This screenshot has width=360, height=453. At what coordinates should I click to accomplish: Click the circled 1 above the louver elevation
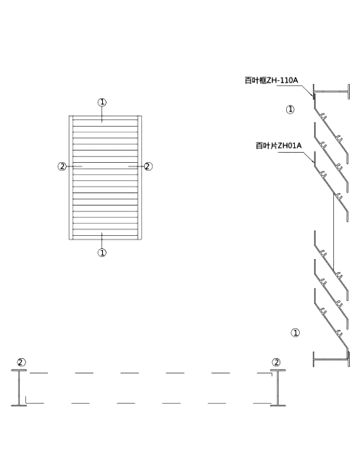(x=102, y=102)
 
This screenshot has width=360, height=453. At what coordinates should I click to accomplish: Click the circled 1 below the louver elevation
(x=102, y=253)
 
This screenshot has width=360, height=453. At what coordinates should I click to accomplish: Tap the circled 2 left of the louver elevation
(x=62, y=166)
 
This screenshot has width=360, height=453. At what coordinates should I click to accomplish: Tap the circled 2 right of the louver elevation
(x=148, y=166)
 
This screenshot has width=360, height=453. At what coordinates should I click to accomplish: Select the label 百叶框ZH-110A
(x=271, y=80)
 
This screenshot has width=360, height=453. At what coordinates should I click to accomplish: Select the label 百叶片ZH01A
(x=279, y=145)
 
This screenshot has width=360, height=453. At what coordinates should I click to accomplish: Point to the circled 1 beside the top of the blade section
(x=290, y=109)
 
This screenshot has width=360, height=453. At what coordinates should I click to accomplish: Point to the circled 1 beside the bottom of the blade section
(x=296, y=333)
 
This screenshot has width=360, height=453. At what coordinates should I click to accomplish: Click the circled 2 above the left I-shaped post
(x=22, y=363)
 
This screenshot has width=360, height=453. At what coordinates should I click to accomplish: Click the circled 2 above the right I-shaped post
(x=277, y=363)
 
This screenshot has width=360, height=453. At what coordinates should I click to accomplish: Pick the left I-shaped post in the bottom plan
(x=19, y=388)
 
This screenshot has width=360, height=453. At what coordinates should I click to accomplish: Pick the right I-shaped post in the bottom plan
(x=278, y=388)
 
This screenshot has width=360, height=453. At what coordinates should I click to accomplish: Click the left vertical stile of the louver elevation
(x=71, y=178)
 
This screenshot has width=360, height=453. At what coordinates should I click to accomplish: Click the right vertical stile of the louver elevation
(x=140, y=178)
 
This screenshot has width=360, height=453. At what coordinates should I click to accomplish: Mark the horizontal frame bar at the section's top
(x=331, y=92)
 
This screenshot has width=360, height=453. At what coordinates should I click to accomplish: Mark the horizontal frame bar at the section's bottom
(x=331, y=360)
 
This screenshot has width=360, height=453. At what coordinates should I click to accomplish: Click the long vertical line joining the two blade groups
(x=333, y=233)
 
